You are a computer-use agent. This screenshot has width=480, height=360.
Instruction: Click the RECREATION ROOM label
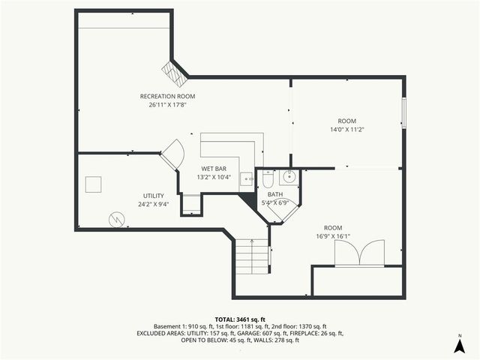167,96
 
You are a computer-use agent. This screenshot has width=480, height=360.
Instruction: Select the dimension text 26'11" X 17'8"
167,105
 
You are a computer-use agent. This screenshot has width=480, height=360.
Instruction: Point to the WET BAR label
213,169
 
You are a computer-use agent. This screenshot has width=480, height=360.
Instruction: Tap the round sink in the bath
289,178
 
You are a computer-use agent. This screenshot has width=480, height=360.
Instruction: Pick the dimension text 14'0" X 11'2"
346,130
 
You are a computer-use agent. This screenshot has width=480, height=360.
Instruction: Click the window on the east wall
403,113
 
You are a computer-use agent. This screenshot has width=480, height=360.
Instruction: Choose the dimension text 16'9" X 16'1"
333,236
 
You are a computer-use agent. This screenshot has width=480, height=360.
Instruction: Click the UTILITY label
154,196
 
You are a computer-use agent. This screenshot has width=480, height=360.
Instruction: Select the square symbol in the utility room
94,185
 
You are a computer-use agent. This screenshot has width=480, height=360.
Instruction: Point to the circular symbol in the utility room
115,218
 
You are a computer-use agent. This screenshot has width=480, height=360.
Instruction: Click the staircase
253,259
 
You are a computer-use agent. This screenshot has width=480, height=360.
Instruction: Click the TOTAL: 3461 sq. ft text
240,319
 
